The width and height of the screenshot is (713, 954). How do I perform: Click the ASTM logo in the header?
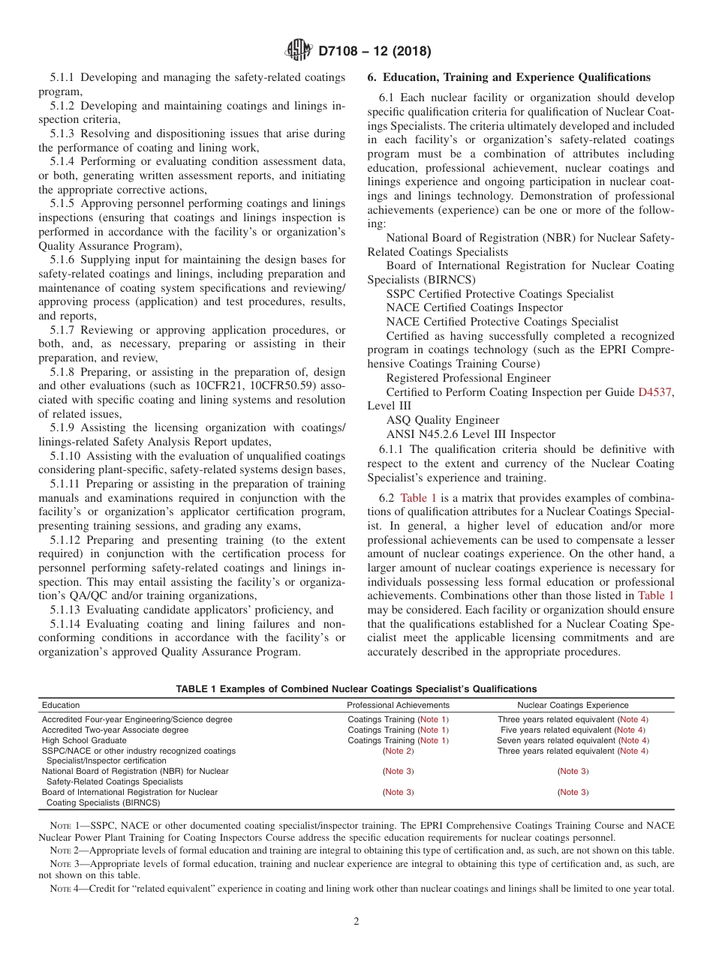tap(299, 51)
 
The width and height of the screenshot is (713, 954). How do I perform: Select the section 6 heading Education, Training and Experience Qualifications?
tap(509, 77)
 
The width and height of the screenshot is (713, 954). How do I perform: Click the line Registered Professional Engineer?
tap(468, 378)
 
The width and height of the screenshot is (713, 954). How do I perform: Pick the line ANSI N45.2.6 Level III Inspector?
tap(471, 434)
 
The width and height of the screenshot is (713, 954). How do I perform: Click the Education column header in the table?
tap(61, 705)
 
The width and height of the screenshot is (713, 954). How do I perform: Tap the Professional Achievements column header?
tap(398, 705)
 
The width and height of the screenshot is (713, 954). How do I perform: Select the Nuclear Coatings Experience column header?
tap(573, 705)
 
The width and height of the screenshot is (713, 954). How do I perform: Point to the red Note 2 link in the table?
tap(398, 751)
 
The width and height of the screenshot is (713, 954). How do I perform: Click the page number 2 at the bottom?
tap(356, 922)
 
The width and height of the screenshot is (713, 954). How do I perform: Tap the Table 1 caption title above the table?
tap(356, 688)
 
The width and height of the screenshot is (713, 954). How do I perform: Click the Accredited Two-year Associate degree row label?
tap(115, 730)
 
